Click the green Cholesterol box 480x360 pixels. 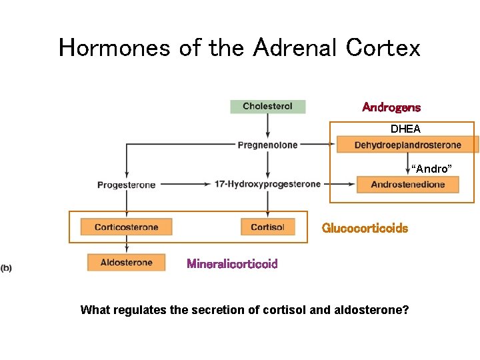tap(267, 106)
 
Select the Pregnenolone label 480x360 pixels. tap(267, 145)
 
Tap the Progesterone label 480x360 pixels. tap(127, 185)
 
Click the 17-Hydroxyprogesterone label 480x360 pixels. tap(267, 184)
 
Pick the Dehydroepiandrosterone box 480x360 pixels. tap(407, 145)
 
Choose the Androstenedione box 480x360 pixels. tap(407, 185)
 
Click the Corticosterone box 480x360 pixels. tap(126, 227)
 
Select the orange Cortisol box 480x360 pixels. tap(267, 227)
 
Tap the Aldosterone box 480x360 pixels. tap(126, 263)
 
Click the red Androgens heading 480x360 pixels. tap(391, 107)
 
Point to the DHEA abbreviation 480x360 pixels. tap(405, 129)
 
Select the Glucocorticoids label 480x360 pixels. tap(365, 228)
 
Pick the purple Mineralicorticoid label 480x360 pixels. tap(232, 264)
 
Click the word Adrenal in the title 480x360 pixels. tap(296, 48)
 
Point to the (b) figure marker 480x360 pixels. tap(6, 268)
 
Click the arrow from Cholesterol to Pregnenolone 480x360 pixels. tap(267, 125)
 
